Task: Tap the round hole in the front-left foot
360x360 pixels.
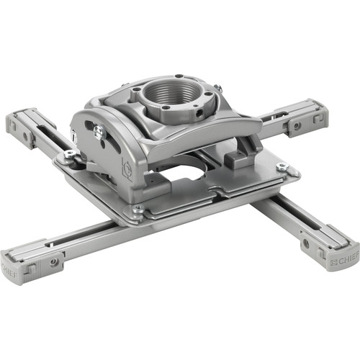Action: coord(55,262)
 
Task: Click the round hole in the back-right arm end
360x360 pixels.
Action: coord(295,125)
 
